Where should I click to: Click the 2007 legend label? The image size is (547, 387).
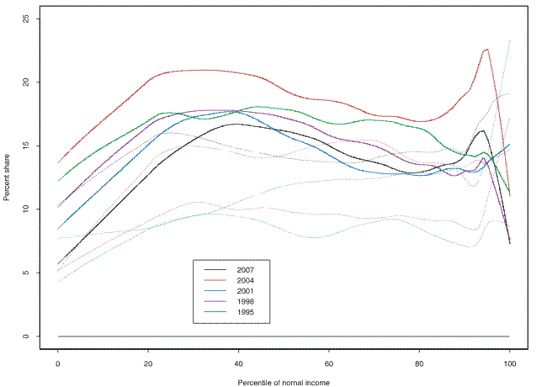coord(246,269)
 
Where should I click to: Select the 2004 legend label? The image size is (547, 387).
coord(246,280)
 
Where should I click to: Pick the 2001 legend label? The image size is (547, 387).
coord(246,291)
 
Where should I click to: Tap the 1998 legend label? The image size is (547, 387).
coord(246,301)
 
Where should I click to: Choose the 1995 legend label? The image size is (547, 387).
coord(246,312)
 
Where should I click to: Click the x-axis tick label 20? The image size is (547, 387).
coord(148,363)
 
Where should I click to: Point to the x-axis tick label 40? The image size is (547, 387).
coord(238,363)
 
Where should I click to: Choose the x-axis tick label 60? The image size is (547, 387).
coord(329,363)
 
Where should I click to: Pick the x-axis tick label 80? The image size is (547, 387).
coord(419,363)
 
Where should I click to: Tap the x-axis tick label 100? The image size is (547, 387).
coord(509,363)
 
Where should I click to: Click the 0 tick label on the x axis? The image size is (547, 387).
coord(58,363)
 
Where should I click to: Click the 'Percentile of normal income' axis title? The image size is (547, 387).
coord(284,381)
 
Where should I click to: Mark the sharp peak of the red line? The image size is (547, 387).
coord(486,50)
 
